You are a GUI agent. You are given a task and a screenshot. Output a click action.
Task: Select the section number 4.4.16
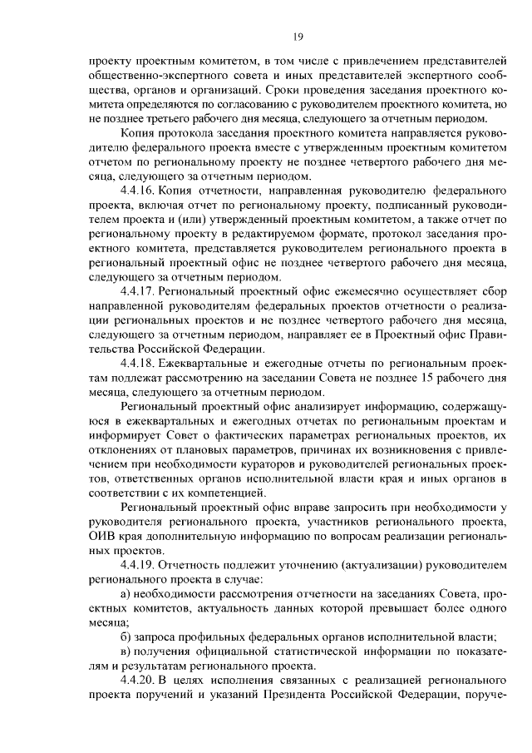click(137, 191)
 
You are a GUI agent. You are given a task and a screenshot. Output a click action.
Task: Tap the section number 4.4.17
click(137, 291)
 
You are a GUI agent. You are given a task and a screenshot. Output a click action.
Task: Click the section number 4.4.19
click(137, 565)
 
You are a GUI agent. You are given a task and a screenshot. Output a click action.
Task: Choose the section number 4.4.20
click(137, 681)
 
